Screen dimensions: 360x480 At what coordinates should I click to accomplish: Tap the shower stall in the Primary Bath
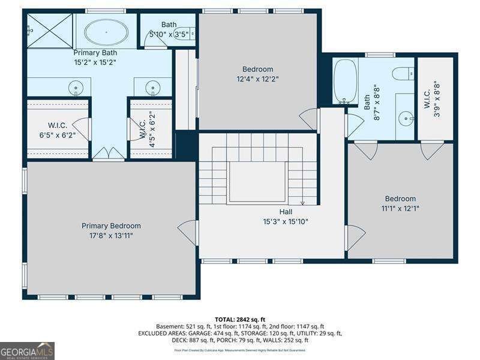(x=49, y=30)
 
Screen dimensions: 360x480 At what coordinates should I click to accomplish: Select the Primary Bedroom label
(x=111, y=226)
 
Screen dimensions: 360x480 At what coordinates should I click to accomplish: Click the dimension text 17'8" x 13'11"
(x=111, y=235)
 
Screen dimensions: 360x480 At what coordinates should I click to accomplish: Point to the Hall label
(x=286, y=212)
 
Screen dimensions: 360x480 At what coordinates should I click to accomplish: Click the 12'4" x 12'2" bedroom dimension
(x=257, y=78)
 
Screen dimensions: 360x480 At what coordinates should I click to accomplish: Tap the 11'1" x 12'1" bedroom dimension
(x=400, y=208)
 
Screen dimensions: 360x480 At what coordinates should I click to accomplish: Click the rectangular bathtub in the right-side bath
(x=345, y=81)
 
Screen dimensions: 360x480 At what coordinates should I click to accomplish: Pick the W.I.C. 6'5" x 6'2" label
(x=58, y=130)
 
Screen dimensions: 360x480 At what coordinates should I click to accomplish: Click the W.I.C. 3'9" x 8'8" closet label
(x=435, y=99)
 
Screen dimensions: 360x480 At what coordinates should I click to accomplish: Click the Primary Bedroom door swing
(x=188, y=232)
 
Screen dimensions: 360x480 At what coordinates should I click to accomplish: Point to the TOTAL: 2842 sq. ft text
(x=240, y=319)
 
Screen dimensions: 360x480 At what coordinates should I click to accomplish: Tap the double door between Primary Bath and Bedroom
(x=109, y=154)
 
